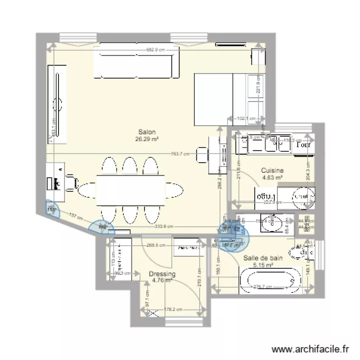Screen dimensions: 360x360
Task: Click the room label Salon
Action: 147,132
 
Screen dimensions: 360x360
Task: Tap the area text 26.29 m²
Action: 147,139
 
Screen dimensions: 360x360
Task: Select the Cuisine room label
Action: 272,170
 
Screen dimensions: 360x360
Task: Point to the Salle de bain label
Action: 263,258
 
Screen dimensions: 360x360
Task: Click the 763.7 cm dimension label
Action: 180,154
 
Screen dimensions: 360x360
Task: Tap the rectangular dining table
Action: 131,189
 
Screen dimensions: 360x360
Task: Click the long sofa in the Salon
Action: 136,66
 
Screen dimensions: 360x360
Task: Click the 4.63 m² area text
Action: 272,177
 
